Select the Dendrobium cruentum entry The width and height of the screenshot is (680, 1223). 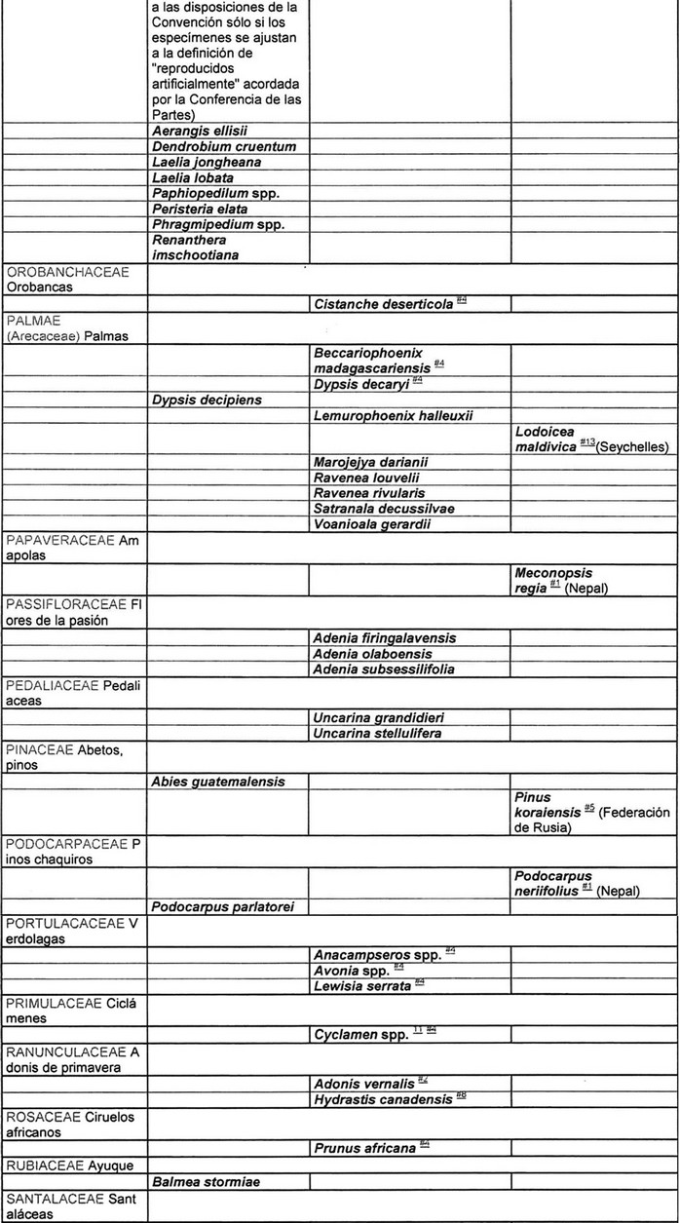223,147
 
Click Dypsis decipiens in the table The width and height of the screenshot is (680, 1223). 207,400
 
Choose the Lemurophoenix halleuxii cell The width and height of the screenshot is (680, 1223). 394,416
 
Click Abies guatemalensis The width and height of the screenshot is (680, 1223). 218,781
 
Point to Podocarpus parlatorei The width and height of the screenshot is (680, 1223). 223,907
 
